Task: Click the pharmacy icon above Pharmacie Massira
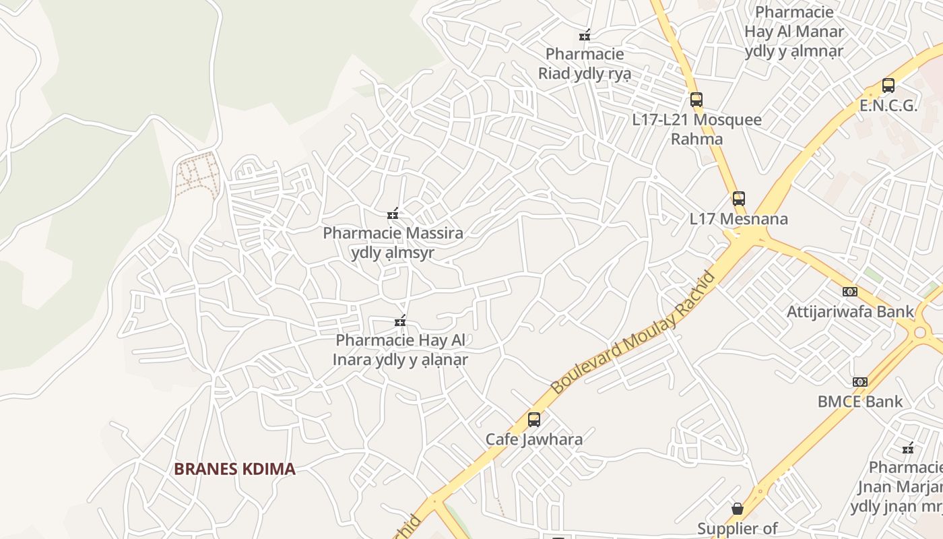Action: coord(393,214)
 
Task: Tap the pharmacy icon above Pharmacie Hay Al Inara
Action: coord(401,321)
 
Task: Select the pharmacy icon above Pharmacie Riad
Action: coord(585,35)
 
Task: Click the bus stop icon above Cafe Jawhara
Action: coord(534,419)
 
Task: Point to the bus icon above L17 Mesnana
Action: coord(739,199)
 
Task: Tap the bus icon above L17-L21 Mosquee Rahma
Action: coord(696,100)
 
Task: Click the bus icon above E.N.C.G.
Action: coord(888,86)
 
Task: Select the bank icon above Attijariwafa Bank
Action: coord(850,292)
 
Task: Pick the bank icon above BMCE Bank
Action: coord(860,382)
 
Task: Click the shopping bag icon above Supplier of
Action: coord(738,508)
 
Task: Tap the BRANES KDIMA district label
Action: coord(234,469)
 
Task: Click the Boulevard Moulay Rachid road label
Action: coord(633,333)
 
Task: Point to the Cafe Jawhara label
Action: coord(534,439)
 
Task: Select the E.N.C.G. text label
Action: coord(888,106)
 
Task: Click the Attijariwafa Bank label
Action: coord(850,312)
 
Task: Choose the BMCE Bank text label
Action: coord(860,402)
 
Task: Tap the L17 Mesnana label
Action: coord(739,219)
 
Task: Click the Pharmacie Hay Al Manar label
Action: coord(794,31)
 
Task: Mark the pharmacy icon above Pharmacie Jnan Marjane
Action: coord(908,447)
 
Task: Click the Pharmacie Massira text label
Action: coord(393,234)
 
